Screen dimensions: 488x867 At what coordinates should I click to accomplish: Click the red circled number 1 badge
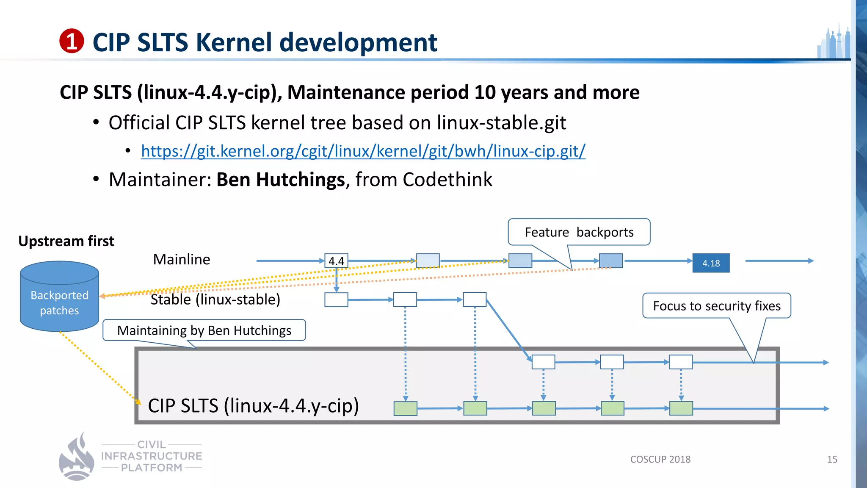pyautogui.click(x=72, y=41)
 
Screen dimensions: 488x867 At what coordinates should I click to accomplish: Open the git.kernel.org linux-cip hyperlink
pyautogui.click(x=363, y=151)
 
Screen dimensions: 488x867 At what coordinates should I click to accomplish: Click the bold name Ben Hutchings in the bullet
pyautogui.click(x=280, y=180)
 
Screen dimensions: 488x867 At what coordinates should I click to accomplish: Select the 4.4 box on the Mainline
pyautogui.click(x=336, y=261)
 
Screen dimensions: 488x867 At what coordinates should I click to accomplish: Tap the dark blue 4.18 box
pyautogui.click(x=711, y=263)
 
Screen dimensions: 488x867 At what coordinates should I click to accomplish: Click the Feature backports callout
pyautogui.click(x=579, y=232)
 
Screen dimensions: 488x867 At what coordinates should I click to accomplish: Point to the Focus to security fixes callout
pyautogui.click(x=716, y=305)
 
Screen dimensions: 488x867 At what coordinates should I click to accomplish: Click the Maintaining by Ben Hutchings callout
pyautogui.click(x=204, y=330)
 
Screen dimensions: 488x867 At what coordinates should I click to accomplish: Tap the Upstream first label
pyautogui.click(x=66, y=241)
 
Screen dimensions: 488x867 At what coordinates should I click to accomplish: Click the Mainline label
pyautogui.click(x=182, y=259)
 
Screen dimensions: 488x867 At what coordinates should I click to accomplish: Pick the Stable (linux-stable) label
pyautogui.click(x=215, y=299)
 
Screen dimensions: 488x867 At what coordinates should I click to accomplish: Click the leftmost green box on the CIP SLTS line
pyautogui.click(x=405, y=408)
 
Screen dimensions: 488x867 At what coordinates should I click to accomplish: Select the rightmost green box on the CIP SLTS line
pyautogui.click(x=681, y=408)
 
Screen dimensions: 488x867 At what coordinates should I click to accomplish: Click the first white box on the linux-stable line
pyautogui.click(x=336, y=299)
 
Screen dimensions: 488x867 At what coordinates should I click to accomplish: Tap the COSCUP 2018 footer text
pyautogui.click(x=660, y=459)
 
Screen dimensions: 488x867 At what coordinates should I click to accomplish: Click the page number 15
pyautogui.click(x=832, y=459)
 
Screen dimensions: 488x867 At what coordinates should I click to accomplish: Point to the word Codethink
pyautogui.click(x=447, y=180)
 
